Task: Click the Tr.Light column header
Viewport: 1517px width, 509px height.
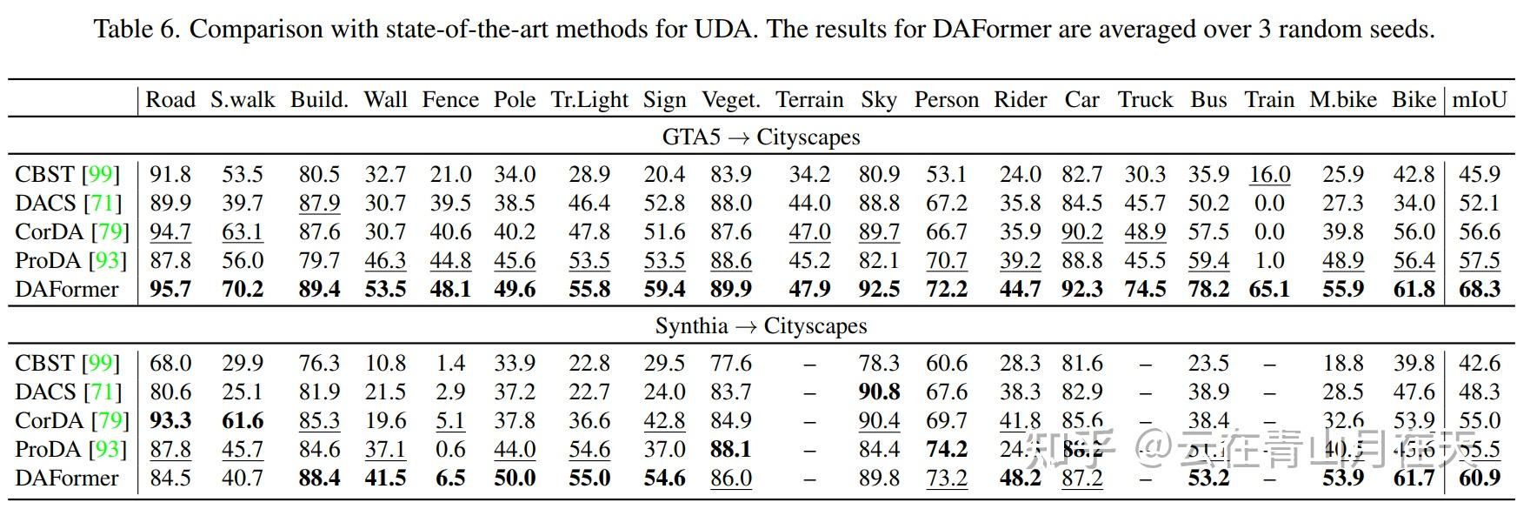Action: pyautogui.click(x=589, y=100)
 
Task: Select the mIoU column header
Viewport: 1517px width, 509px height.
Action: pyautogui.click(x=1479, y=100)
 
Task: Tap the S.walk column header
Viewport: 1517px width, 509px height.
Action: pyautogui.click(x=243, y=100)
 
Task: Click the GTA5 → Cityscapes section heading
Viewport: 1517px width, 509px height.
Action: pyautogui.click(x=761, y=137)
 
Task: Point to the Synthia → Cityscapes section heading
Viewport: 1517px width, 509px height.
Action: pyautogui.click(x=761, y=326)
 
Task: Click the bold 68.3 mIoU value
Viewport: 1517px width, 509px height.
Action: pyautogui.click(x=1479, y=290)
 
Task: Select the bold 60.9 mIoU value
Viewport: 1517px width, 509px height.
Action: pyautogui.click(x=1479, y=479)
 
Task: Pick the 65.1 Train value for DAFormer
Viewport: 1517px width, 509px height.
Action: pyautogui.click(x=1269, y=290)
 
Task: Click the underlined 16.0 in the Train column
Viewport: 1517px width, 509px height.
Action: pyautogui.click(x=1269, y=175)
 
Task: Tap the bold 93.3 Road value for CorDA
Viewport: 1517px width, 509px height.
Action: pyautogui.click(x=170, y=421)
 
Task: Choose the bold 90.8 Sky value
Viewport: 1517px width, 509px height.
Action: pyautogui.click(x=879, y=392)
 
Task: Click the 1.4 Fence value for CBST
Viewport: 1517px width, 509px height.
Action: pyautogui.click(x=450, y=364)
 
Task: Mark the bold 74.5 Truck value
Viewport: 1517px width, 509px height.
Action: pyautogui.click(x=1145, y=290)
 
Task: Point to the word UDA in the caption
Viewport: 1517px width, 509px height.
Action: pyautogui.click(x=725, y=30)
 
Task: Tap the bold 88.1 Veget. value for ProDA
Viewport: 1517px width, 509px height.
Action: pyautogui.click(x=730, y=450)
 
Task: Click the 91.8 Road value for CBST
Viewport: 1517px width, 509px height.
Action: pyautogui.click(x=170, y=175)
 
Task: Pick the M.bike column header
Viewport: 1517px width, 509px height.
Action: pyautogui.click(x=1342, y=100)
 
